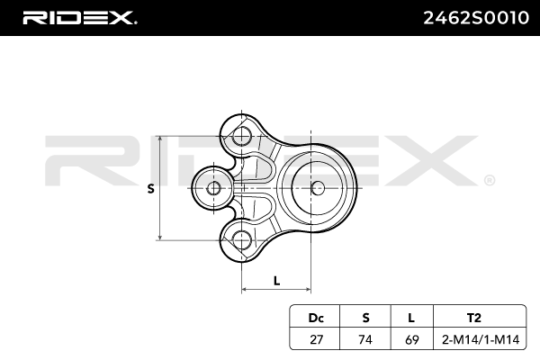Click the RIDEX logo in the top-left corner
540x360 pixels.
tap(79, 17)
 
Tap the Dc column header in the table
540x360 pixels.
tap(315, 318)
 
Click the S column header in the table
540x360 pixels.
tap(365, 318)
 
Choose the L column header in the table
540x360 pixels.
tap(410, 318)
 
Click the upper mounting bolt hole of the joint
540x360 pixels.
tap(241, 137)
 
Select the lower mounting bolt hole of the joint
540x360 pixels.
tap(241, 239)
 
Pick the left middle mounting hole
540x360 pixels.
tap(213, 188)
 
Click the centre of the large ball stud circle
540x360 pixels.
tap(317, 188)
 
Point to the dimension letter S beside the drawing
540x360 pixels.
tap(150, 188)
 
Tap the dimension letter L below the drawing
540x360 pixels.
tap(276, 280)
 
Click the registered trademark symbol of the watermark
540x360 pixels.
tap(489, 180)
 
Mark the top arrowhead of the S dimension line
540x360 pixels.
tap(159, 140)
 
